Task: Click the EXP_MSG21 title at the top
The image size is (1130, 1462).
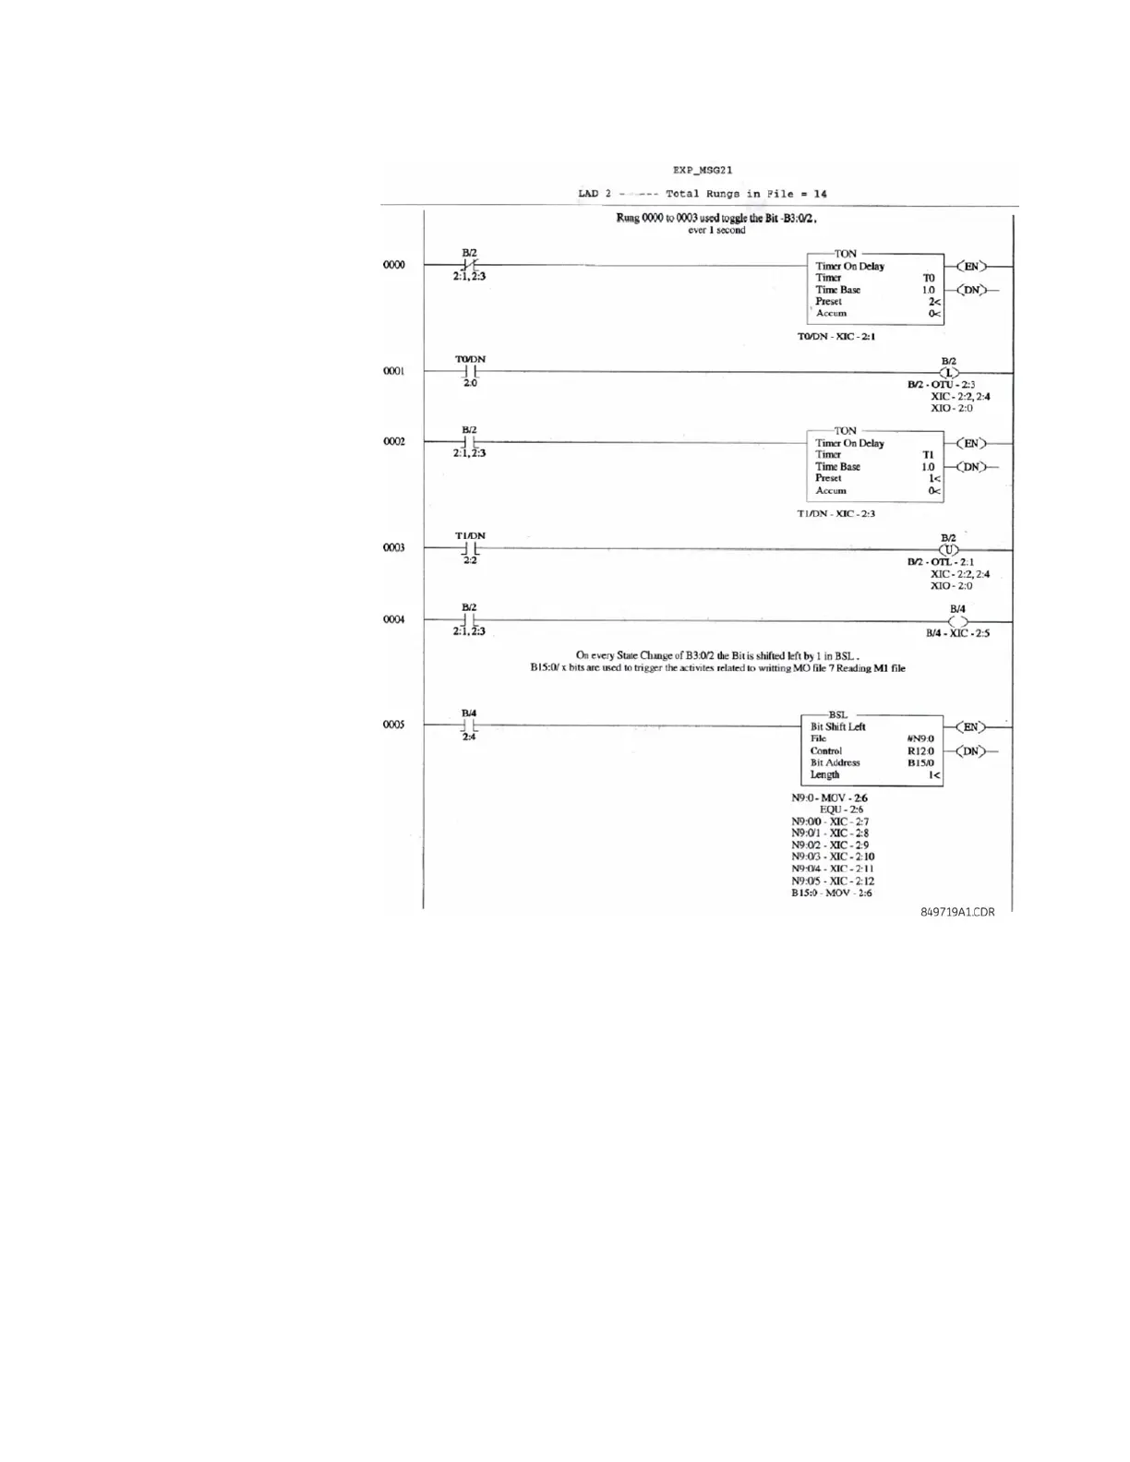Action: pyautogui.click(x=703, y=170)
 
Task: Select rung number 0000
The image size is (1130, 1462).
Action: pyautogui.click(x=394, y=265)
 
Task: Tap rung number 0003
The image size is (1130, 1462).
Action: pyautogui.click(x=394, y=547)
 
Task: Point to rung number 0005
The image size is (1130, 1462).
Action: pyautogui.click(x=394, y=725)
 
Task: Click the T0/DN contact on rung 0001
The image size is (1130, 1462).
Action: pyautogui.click(x=470, y=371)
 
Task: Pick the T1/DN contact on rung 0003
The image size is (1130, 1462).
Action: pyautogui.click(x=470, y=548)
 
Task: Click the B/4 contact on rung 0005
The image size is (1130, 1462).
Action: pyautogui.click(x=470, y=725)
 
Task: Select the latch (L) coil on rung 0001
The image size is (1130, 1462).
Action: pyautogui.click(x=949, y=373)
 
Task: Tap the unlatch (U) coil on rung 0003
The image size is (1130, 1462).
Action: pyautogui.click(x=949, y=550)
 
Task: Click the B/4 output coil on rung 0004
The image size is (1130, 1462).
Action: pyautogui.click(x=957, y=621)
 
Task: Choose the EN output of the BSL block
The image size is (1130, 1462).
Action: pyautogui.click(x=970, y=727)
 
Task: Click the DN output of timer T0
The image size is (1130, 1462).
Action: pyautogui.click(x=970, y=290)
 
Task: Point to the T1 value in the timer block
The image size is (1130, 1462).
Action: pyautogui.click(x=929, y=455)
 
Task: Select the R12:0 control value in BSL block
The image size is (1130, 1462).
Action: pyautogui.click(x=920, y=751)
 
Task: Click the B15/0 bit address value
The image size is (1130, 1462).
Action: pyautogui.click(x=920, y=763)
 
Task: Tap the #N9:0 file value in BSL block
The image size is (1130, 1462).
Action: pyautogui.click(x=920, y=738)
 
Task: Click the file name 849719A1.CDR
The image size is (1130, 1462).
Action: pyautogui.click(x=957, y=912)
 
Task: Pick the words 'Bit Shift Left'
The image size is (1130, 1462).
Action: pyautogui.click(x=838, y=726)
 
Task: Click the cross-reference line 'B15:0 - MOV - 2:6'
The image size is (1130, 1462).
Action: pyautogui.click(x=831, y=893)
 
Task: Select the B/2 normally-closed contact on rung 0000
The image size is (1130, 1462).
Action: pyautogui.click(x=470, y=266)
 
